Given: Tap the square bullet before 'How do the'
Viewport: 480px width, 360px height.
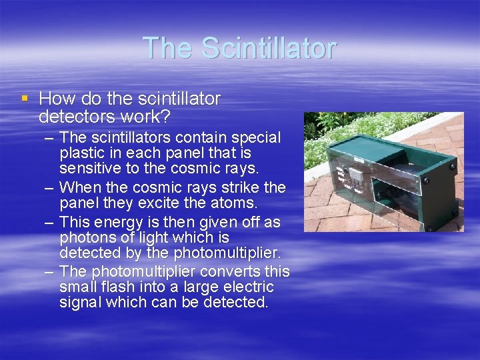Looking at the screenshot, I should click(x=25, y=98).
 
